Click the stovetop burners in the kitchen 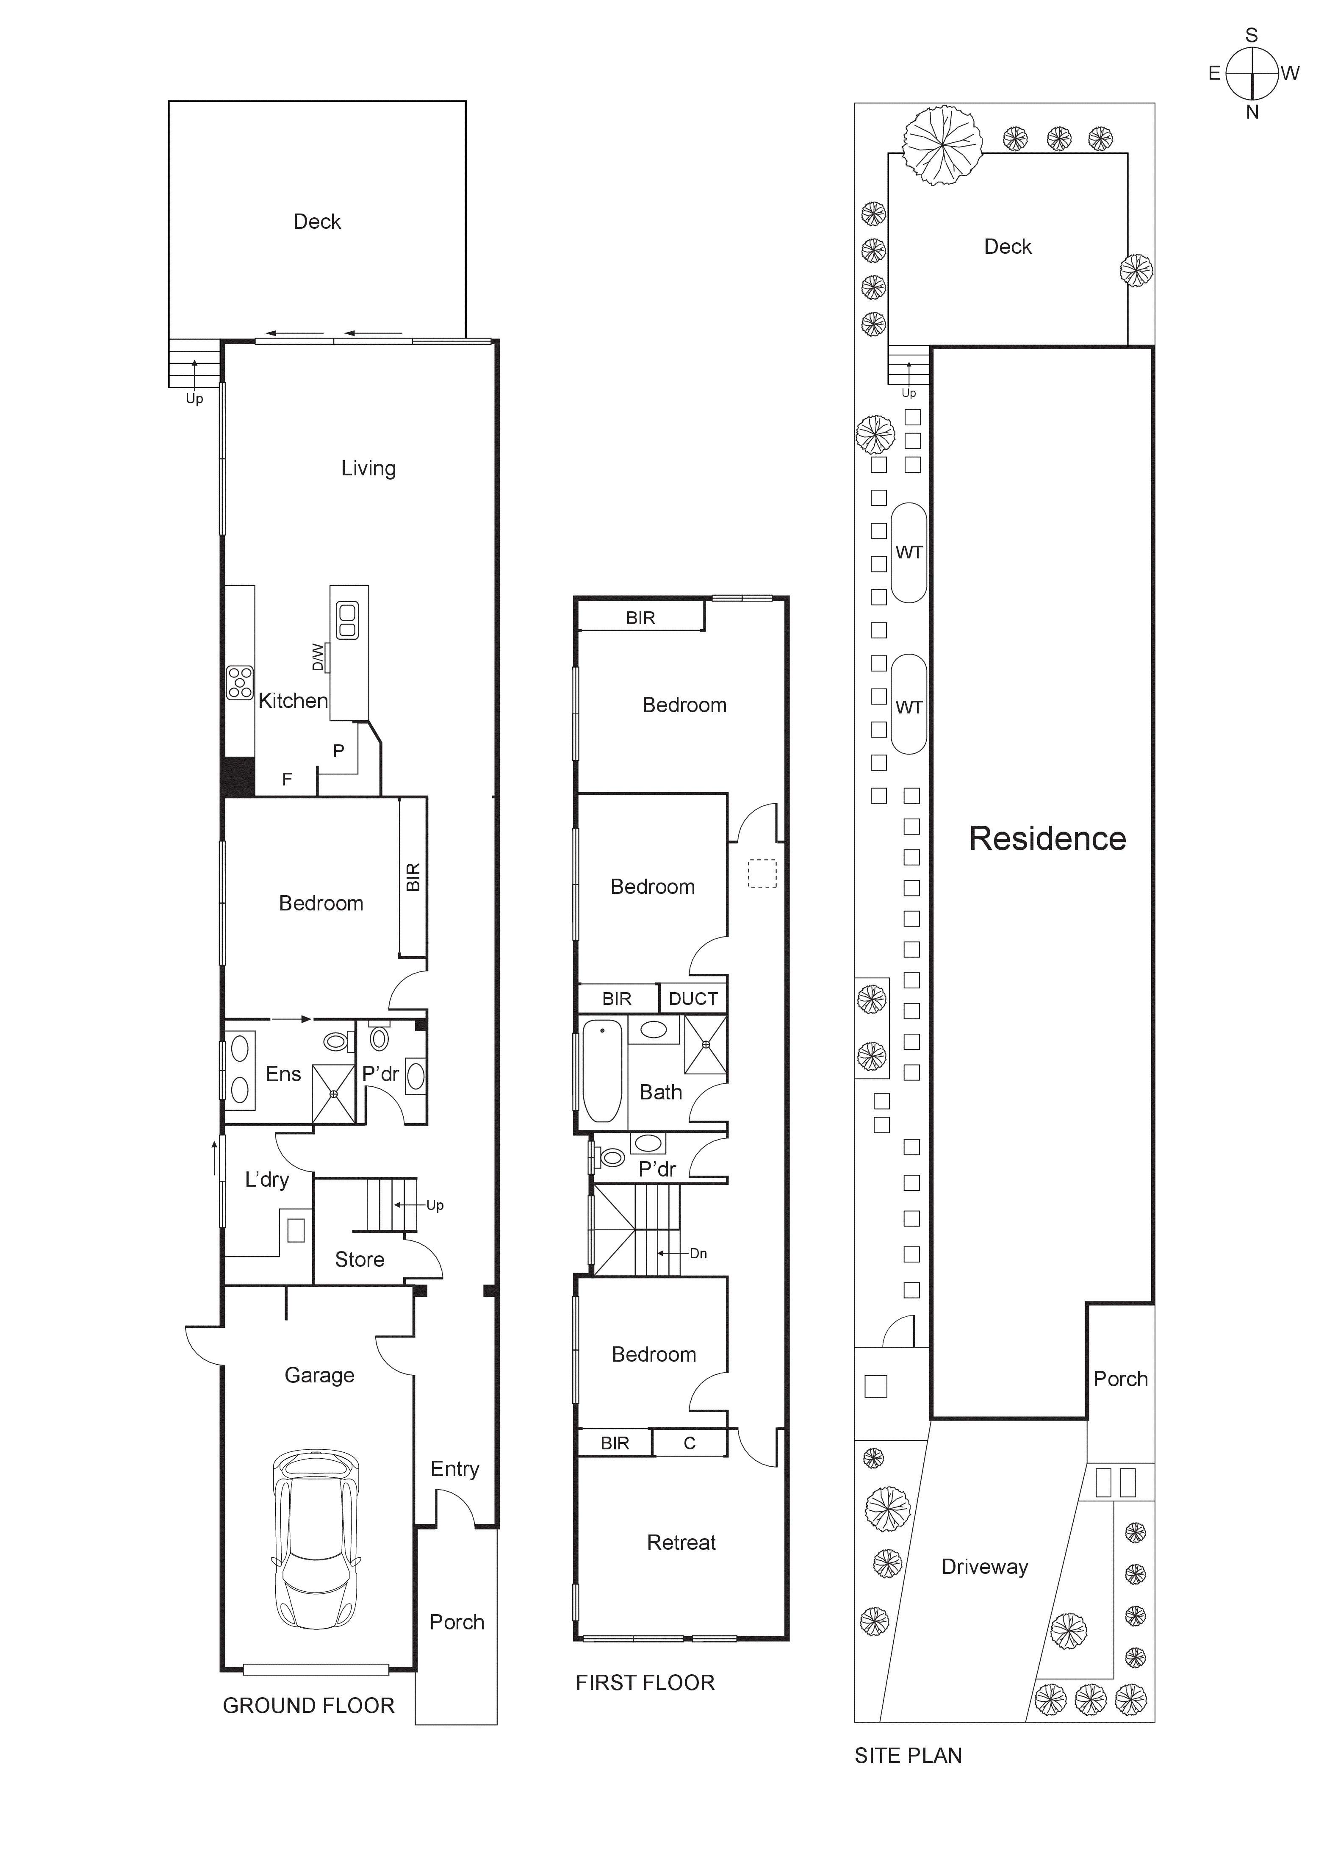pyautogui.click(x=240, y=683)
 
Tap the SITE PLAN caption pyautogui.click(x=908, y=1756)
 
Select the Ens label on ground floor pyautogui.click(x=283, y=1074)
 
